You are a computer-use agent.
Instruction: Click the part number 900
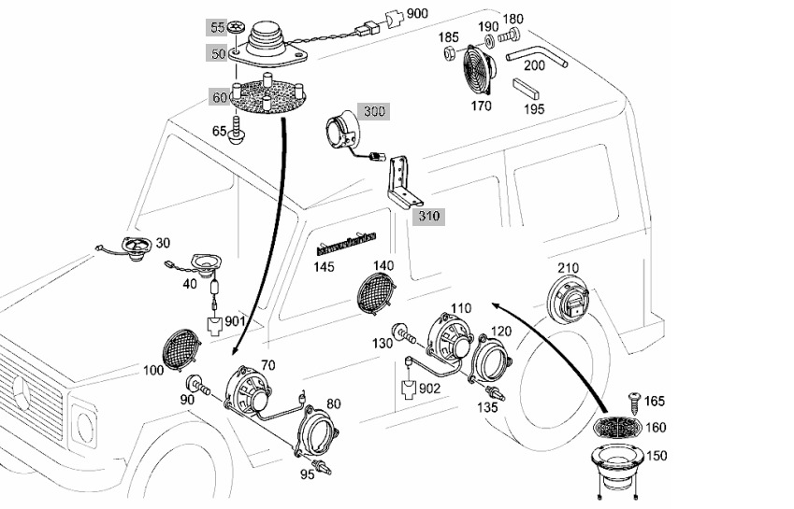[417, 13]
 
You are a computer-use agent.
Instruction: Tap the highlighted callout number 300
[374, 111]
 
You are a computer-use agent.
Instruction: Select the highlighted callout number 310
[429, 217]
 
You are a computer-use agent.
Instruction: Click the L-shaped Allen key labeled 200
[537, 55]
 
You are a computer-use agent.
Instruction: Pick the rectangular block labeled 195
[527, 90]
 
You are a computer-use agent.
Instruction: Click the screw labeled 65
[237, 130]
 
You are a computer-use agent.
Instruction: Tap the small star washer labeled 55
[236, 27]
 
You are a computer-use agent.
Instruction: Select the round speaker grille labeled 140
[376, 293]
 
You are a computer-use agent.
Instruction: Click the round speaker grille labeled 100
[180, 350]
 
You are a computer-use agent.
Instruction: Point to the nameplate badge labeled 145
[346, 242]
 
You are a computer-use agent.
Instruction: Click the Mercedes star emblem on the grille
[22, 394]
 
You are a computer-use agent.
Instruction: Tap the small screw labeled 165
[634, 402]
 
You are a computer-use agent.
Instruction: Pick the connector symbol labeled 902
[411, 389]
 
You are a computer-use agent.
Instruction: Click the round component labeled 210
[568, 299]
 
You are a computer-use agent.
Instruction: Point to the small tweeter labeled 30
[136, 248]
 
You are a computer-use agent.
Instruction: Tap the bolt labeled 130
[405, 333]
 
